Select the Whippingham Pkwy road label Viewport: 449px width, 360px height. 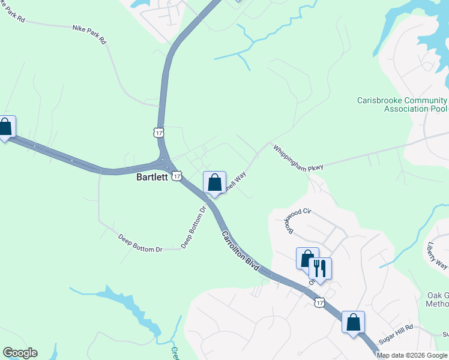pyautogui.click(x=298, y=158)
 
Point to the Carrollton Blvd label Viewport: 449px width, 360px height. pyautogui.click(x=240, y=251)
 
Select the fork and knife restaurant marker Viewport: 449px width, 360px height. pyautogui.click(x=320, y=269)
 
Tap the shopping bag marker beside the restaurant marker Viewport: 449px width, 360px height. pyautogui.click(x=307, y=259)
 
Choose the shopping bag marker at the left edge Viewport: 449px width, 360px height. pyautogui.click(x=5, y=127)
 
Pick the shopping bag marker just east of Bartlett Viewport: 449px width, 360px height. pyautogui.click(x=214, y=182)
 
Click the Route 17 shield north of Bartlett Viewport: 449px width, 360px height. pyautogui.click(x=158, y=132)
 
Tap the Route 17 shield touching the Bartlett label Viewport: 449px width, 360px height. pyautogui.click(x=175, y=175)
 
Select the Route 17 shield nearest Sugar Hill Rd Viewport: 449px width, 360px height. pyautogui.click(x=319, y=302)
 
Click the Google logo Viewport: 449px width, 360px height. pyautogui.click(x=20, y=353)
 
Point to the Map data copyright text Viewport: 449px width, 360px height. pyautogui.click(x=412, y=355)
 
